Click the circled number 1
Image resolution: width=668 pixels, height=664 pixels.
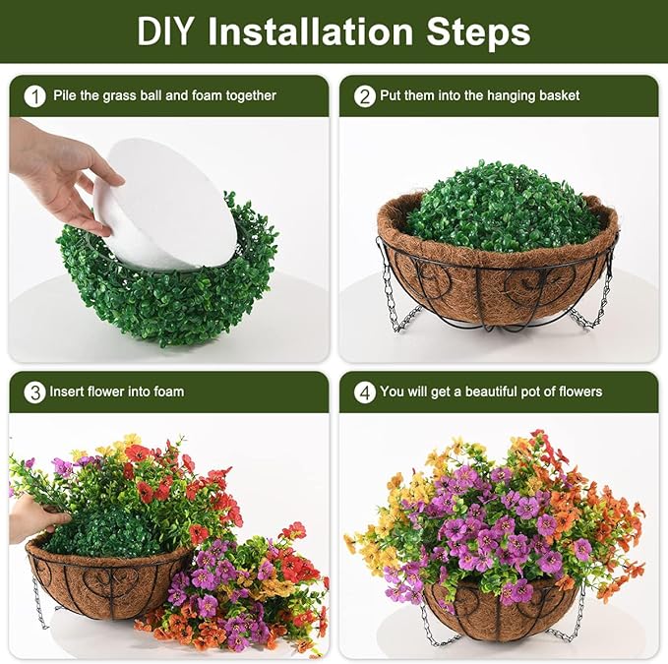tap(35, 96)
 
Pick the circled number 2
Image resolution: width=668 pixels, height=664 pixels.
tap(365, 96)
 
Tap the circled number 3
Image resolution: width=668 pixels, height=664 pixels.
tap(35, 392)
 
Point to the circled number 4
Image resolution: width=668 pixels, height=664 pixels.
tap(365, 392)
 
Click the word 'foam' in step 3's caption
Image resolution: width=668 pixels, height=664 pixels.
tap(166, 392)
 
